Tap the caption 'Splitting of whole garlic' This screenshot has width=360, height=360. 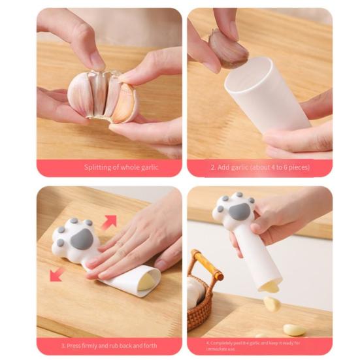[x=121, y=167]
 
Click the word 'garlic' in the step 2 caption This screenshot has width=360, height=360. [x=241, y=167]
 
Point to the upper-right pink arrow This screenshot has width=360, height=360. [x=109, y=222]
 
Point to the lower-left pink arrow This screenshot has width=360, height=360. [x=57, y=273]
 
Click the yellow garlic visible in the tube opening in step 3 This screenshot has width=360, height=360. [x=150, y=279]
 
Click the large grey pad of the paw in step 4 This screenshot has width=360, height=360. [x=239, y=211]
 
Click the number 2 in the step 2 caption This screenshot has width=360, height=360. [x=212, y=167]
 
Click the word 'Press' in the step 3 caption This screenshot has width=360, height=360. [x=75, y=345]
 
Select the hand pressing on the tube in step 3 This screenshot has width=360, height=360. [x=134, y=245]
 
